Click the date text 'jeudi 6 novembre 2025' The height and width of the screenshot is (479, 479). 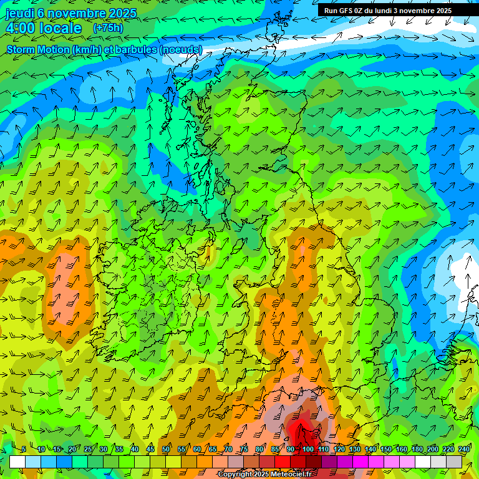click(70, 13)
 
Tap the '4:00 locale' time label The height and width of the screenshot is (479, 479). click(44, 28)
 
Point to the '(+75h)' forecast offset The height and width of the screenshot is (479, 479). click(107, 28)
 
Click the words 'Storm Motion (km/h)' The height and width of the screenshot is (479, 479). click(56, 50)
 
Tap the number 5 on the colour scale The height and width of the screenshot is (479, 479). click(24, 450)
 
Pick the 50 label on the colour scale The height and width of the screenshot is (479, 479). click(166, 450)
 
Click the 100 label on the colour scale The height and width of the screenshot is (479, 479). click(308, 450)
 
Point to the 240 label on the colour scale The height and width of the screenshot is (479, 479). click(463, 450)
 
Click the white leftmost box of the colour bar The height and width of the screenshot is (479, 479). click(17, 462)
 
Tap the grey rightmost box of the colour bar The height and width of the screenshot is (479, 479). click(454, 462)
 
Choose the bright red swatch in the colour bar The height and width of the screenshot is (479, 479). click(283, 462)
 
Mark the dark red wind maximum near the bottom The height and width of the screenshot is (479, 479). click(302, 430)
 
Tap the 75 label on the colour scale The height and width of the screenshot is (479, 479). click(244, 450)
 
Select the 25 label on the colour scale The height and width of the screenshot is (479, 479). click(88, 450)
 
